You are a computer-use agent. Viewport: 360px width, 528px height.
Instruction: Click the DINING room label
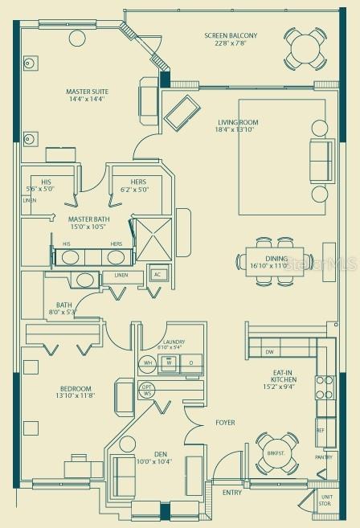(269, 260)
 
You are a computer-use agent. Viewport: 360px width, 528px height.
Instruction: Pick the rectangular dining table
(266, 261)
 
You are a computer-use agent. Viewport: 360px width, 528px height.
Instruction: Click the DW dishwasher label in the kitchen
(270, 352)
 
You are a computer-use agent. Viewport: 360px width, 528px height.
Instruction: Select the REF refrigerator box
(320, 430)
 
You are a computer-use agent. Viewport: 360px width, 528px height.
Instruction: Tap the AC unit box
(158, 275)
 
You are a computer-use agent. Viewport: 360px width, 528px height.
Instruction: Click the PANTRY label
(323, 457)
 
